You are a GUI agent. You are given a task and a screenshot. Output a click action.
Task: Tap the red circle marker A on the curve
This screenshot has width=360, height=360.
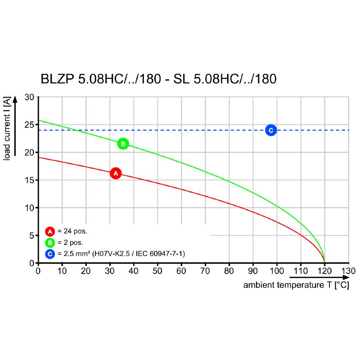[x=116, y=173]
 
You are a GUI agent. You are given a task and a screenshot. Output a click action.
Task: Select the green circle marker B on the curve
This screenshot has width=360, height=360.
[x=123, y=144]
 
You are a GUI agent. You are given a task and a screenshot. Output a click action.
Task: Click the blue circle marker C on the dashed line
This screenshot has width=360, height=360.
[x=271, y=130]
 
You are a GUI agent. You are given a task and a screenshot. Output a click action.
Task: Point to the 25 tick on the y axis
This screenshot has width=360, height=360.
[x=29, y=125]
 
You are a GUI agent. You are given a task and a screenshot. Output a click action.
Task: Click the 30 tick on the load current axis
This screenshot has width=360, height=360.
[x=29, y=97]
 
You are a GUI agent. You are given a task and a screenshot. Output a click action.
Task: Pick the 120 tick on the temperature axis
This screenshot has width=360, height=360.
[x=324, y=271]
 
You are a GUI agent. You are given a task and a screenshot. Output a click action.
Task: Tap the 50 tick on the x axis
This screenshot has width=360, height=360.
[x=157, y=271]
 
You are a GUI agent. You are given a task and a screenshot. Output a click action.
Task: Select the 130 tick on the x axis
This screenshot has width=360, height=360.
[x=348, y=271]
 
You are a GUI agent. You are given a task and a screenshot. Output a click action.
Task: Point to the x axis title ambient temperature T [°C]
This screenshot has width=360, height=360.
[x=296, y=285]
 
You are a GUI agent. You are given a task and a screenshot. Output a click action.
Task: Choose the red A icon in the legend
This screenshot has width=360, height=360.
[x=50, y=232]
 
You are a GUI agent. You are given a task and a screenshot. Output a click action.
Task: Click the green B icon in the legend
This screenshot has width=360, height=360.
[x=50, y=243]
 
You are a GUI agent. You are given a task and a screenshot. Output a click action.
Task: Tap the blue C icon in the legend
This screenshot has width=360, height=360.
[x=50, y=254]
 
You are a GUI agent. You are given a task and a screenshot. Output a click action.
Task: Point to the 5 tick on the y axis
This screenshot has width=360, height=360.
[x=31, y=235]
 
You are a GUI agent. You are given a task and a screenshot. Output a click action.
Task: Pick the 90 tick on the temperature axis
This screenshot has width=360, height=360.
[x=253, y=271]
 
